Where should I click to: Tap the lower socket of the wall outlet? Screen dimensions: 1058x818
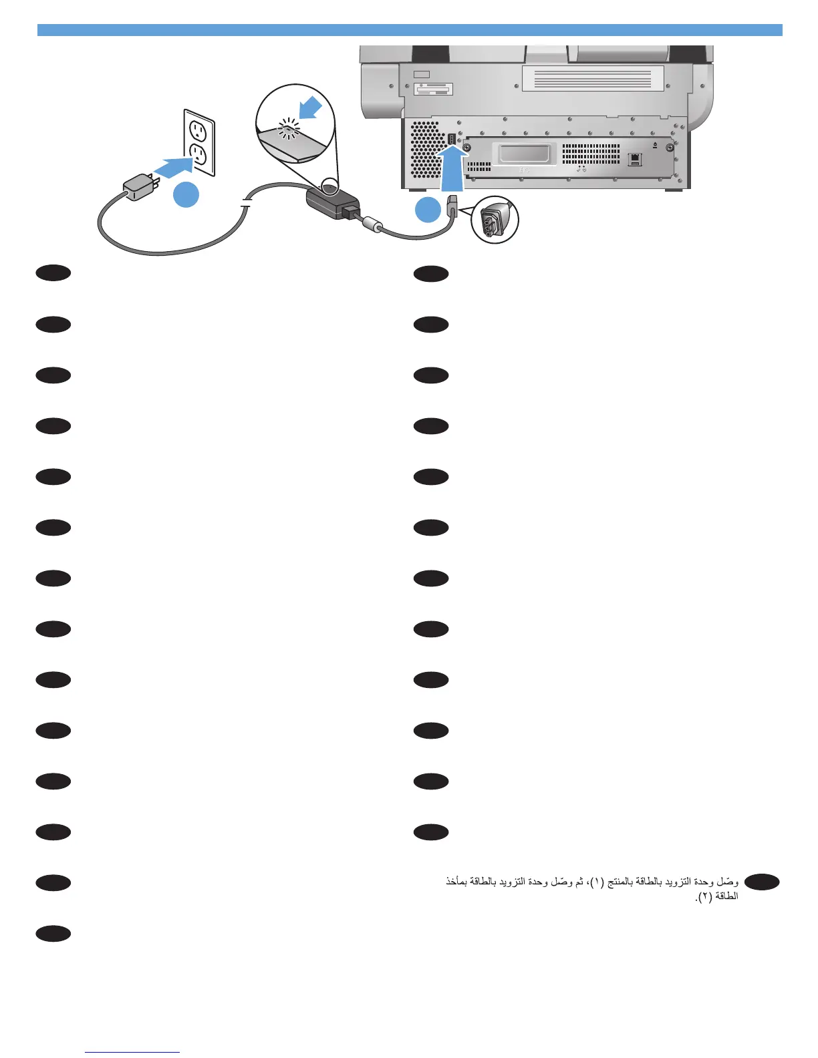click(x=198, y=155)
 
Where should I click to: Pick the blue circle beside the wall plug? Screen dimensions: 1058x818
click(x=186, y=194)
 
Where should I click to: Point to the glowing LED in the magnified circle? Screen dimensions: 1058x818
click(x=289, y=128)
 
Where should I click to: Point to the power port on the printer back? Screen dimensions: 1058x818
click(x=451, y=140)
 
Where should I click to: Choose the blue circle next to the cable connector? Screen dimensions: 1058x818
click(x=428, y=210)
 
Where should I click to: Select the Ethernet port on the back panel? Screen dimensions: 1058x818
click(x=635, y=159)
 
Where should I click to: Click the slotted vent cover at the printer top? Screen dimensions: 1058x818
click(x=593, y=79)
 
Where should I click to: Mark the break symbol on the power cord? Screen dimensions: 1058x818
click(x=246, y=203)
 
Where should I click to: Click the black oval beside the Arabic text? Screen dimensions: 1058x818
click(x=761, y=883)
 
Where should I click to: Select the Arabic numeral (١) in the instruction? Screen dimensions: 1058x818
click(x=597, y=882)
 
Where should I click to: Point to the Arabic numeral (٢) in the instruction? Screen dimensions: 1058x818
click(x=704, y=897)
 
